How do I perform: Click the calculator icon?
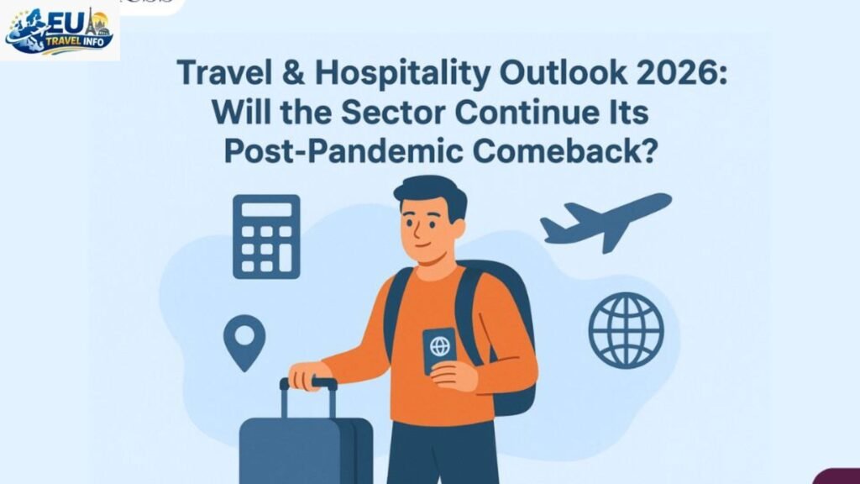pos(265,237)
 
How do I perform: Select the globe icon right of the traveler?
pos(626,330)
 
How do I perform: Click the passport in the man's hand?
pos(438,350)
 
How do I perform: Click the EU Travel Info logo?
pos(59,31)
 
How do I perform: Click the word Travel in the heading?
pos(220,73)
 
